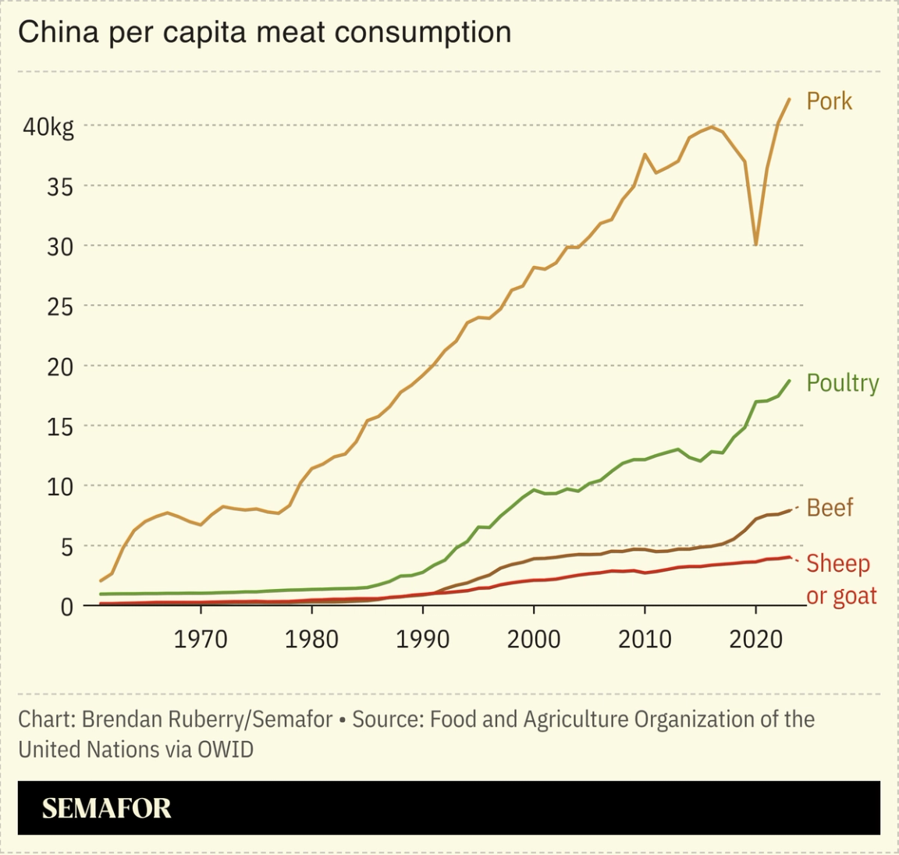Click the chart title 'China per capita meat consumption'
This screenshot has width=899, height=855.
point(265,33)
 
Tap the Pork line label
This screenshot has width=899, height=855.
point(829,101)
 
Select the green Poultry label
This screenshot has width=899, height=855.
point(842,383)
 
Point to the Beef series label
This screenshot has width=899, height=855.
point(830,508)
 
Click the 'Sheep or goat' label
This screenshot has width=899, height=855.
point(840,580)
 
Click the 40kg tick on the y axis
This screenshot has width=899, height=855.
point(48,126)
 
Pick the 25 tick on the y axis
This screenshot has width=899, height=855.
point(59,307)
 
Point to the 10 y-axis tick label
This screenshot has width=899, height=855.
point(59,487)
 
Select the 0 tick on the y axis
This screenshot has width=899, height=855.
point(67,607)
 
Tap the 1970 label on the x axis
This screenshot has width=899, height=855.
point(201,640)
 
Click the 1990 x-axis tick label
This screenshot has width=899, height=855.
point(422,640)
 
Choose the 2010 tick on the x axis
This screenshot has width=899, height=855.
point(645,640)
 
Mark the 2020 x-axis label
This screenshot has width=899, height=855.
point(755,640)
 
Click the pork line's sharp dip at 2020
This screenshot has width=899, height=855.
point(755,244)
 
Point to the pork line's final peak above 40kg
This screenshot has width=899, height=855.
point(789,100)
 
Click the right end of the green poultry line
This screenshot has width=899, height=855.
point(789,381)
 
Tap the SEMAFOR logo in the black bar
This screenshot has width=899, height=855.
point(106,808)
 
